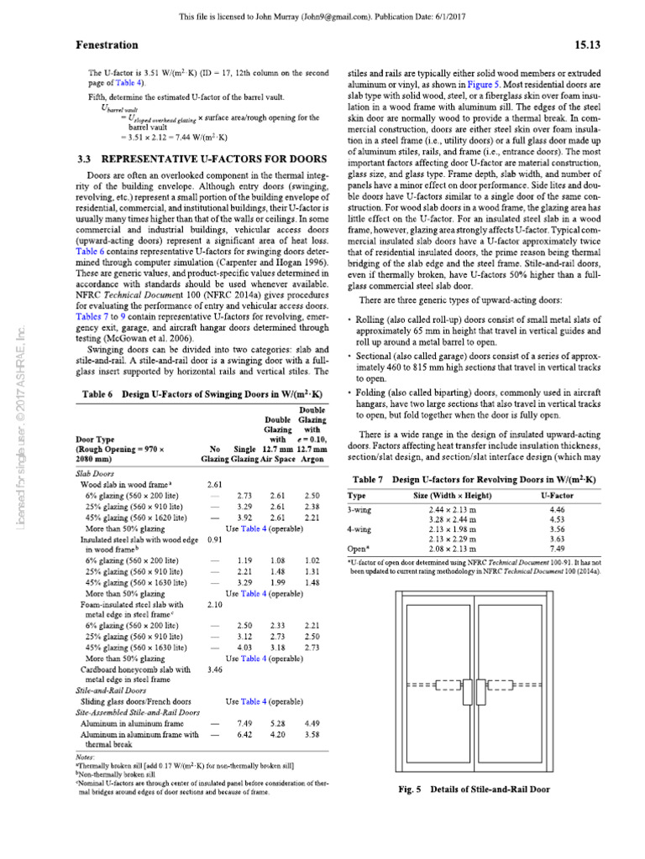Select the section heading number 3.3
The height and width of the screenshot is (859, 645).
(x=87, y=159)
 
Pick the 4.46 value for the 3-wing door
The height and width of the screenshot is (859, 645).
(x=557, y=509)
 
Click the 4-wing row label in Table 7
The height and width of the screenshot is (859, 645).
(x=361, y=529)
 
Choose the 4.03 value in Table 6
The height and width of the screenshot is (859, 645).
(x=245, y=647)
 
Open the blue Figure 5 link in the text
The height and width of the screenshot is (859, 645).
(x=511, y=84)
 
